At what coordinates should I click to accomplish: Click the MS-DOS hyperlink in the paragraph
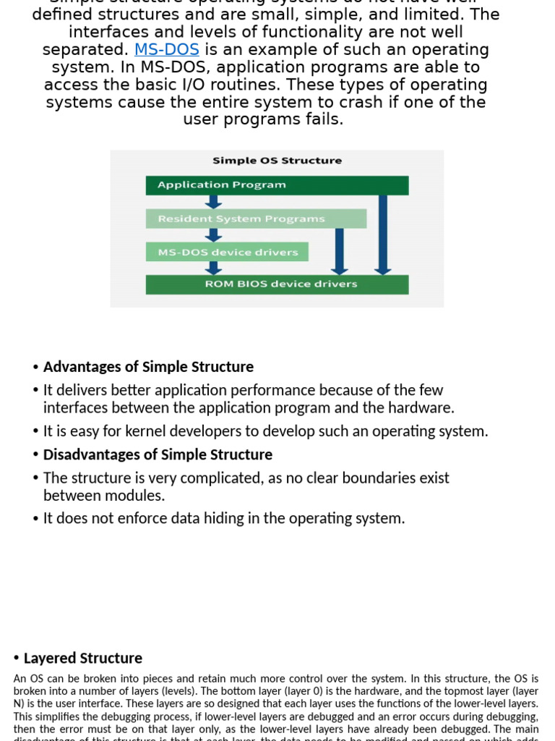click(x=167, y=50)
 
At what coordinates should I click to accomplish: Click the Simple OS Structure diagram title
click(x=277, y=161)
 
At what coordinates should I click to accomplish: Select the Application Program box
click(x=277, y=185)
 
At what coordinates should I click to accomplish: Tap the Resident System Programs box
click(x=256, y=219)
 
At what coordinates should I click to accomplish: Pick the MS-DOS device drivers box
click(x=227, y=252)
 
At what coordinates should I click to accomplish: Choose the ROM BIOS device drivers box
click(x=277, y=284)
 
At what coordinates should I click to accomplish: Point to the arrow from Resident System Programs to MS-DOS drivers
click(x=213, y=235)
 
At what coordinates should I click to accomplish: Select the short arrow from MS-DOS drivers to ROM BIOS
click(x=213, y=268)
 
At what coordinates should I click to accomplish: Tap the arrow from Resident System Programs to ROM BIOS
click(x=340, y=252)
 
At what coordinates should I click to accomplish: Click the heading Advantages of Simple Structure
click(x=148, y=367)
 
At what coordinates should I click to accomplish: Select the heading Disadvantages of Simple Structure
click(x=158, y=454)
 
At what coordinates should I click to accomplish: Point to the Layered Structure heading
click(x=83, y=658)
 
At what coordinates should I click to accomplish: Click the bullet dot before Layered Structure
click(x=17, y=658)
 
